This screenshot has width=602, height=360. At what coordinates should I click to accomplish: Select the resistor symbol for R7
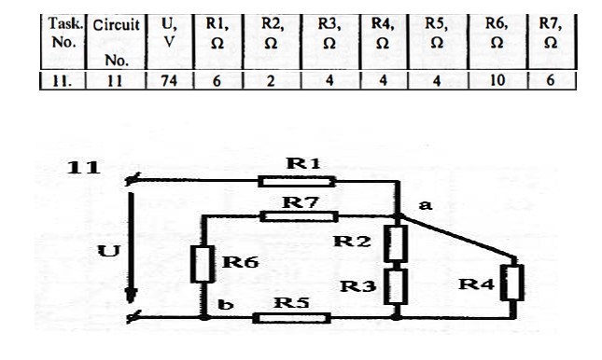[x=298, y=216]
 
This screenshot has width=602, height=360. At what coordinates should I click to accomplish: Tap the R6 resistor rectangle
[x=203, y=263]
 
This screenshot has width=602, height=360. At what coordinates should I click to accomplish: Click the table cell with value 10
[x=496, y=81]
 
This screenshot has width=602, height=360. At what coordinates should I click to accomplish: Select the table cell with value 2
[x=272, y=81]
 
